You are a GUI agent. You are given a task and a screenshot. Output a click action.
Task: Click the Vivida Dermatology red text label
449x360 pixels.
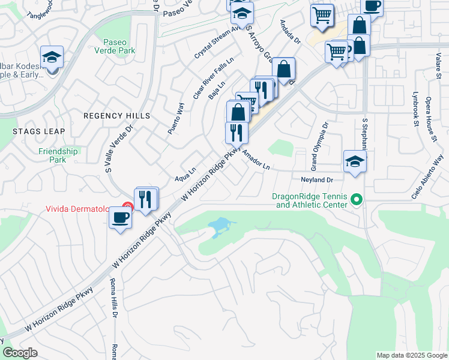pos(77,209)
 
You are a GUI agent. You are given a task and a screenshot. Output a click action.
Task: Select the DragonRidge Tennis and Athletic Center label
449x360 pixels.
pos(310,200)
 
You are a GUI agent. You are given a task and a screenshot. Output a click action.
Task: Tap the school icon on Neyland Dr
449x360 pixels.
pos(355,161)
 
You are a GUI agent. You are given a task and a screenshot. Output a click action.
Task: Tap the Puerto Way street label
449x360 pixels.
pos(175,118)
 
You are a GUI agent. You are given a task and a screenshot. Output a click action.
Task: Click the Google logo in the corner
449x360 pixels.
pos(20,353)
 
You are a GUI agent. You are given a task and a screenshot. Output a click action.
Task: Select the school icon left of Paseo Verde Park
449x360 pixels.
pos(52,58)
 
